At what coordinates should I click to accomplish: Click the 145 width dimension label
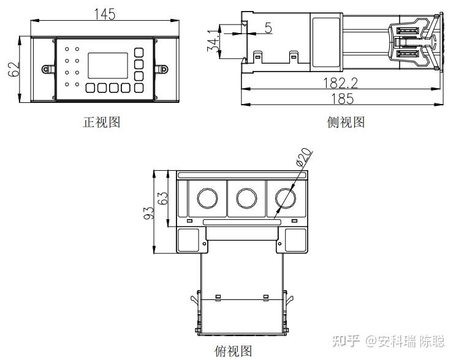105,14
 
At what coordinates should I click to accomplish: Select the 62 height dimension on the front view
13,69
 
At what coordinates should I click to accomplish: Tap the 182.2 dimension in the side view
341,83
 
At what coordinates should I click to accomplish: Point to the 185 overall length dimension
343,99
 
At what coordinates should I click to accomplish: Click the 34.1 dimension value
213,40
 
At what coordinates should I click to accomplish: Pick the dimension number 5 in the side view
268,28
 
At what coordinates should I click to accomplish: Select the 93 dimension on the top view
149,213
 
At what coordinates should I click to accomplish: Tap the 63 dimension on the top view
163,198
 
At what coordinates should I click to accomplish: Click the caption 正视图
102,122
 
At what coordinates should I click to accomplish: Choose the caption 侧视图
346,122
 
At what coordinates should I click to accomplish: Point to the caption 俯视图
233,351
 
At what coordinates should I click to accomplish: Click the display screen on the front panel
108,66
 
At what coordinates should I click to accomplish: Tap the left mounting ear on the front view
48,69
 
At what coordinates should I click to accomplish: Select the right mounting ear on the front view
161,69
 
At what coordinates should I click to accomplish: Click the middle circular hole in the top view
246,198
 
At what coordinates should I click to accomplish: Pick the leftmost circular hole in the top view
207,198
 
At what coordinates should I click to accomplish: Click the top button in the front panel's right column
139,53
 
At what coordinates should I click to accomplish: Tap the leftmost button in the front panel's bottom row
90,88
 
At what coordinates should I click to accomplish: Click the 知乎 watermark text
346,341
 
